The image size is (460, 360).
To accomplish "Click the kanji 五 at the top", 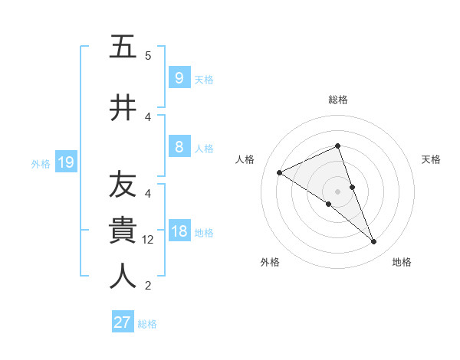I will [123, 47].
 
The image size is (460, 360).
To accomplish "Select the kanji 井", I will [123, 108].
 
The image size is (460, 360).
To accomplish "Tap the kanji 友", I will [123, 185].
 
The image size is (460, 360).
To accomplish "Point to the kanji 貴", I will [123, 230].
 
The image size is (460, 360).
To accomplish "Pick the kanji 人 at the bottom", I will [123, 276].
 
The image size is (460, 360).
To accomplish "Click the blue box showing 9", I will [179, 78].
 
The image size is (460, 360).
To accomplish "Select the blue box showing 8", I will [179, 147].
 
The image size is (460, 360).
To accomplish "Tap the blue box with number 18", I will [179, 231].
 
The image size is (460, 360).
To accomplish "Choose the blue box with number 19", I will [65, 162].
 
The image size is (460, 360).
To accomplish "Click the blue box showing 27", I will [122, 322].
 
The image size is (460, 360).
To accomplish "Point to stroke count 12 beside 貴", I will [148, 240].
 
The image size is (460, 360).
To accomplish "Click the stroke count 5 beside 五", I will [148, 55].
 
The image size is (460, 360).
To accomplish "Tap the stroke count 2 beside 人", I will [148, 286].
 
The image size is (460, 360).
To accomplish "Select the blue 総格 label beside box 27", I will [147, 324].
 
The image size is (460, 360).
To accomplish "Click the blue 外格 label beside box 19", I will [40, 163].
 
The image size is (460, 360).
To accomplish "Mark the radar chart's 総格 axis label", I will [337, 100].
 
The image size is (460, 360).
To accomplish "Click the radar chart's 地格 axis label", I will [402, 262].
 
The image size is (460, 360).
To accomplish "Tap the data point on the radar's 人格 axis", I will [280, 172].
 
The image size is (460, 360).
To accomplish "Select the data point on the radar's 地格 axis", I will [374, 242].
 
